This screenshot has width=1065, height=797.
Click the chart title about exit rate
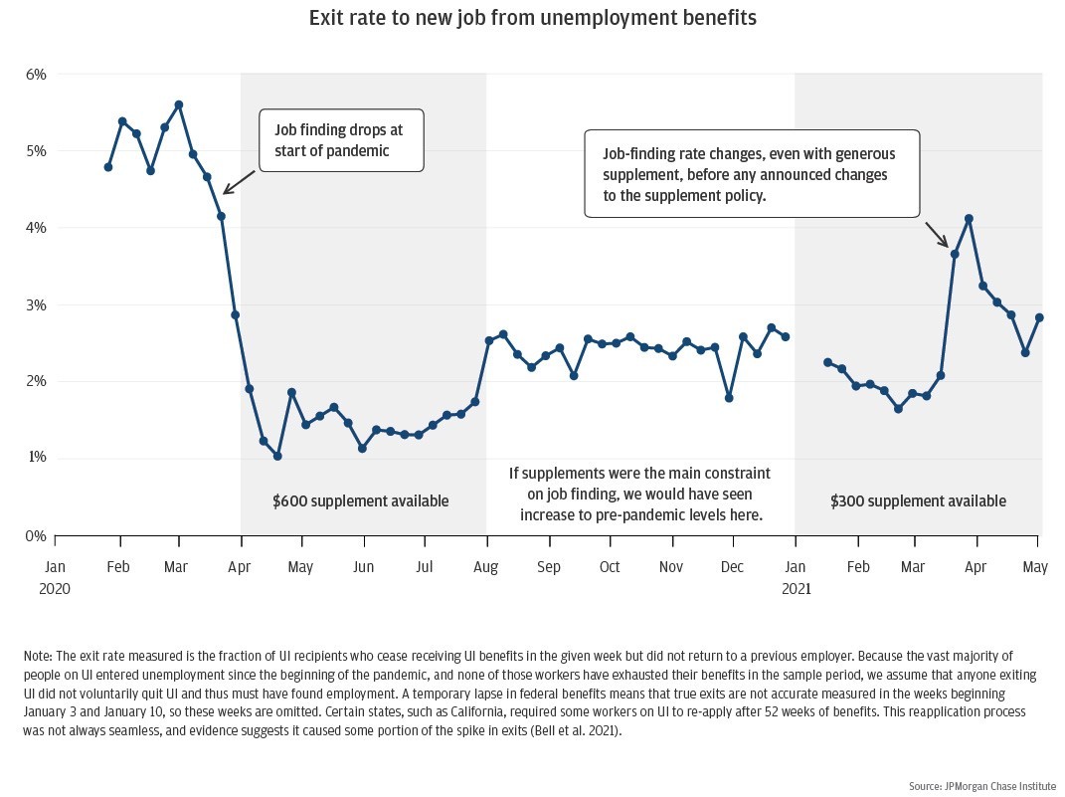532,19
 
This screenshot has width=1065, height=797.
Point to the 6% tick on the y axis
36,75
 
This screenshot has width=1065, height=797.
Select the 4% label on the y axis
36,228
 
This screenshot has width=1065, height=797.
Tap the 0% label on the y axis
36,535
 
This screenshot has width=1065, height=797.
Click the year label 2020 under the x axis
55,588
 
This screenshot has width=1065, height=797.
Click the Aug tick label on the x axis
487,567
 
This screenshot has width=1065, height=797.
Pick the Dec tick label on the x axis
733,567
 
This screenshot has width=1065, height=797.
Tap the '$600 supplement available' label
361,501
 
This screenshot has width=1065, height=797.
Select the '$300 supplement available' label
918,501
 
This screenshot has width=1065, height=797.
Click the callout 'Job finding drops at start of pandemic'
341,140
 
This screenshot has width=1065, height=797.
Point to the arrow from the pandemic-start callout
238,182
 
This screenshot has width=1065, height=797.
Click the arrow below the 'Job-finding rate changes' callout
937,234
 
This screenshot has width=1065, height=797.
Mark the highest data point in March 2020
179,104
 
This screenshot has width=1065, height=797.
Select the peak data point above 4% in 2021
969,219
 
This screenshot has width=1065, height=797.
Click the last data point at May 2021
1039,317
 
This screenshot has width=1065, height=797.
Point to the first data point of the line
107,167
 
